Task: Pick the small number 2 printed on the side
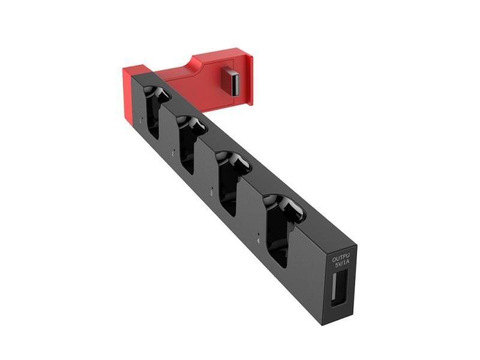[x=173, y=154]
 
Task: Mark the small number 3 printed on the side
[x=211, y=193]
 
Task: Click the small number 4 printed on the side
[x=259, y=241]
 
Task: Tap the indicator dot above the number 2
[x=172, y=145]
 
